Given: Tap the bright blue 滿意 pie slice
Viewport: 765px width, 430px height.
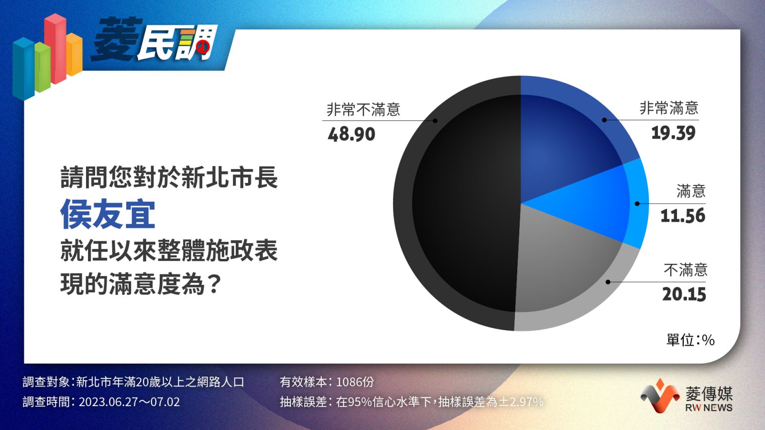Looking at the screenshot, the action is click(601, 205).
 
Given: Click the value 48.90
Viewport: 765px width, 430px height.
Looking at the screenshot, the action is click(351, 134).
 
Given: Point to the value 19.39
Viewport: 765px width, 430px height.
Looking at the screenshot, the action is click(673, 133).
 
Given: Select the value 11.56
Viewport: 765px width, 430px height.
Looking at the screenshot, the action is click(683, 215).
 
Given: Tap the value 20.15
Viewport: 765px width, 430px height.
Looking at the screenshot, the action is click(684, 294).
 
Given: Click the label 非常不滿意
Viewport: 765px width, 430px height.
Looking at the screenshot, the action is click(363, 109).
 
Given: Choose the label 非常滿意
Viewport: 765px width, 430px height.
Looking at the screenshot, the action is click(669, 108).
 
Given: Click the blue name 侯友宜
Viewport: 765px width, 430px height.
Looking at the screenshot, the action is click(108, 215).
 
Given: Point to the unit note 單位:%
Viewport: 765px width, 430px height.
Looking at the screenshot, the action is click(690, 340).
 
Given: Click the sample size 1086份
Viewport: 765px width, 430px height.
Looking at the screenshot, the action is click(355, 382).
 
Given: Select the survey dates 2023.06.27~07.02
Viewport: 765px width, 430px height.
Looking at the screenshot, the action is click(129, 402).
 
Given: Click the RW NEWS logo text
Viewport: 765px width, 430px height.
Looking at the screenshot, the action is click(709, 408).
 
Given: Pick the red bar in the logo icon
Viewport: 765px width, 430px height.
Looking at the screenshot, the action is click(55, 48).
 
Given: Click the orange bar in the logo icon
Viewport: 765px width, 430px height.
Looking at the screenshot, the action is click(74, 54).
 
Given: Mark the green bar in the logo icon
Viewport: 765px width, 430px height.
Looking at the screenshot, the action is click(43, 67).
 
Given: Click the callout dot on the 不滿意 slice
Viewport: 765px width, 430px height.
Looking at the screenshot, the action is click(608, 282).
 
